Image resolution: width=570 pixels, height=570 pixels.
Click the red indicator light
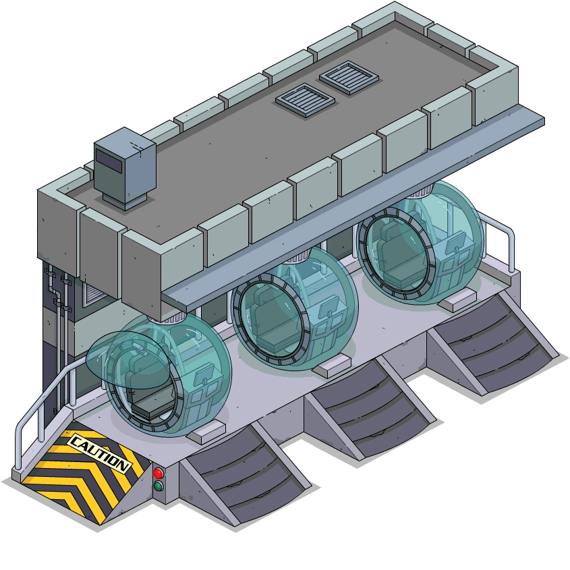tap(159, 474)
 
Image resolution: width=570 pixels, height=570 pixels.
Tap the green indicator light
tap(159, 486)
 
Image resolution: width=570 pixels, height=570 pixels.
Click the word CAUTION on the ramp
tap(99, 453)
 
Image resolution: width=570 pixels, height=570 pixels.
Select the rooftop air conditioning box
tap(125, 168)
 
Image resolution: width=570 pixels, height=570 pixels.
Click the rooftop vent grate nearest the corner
tap(349, 78)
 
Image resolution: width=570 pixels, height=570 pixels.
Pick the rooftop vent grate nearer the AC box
tap(305, 100)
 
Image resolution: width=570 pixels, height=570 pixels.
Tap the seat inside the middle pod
tap(270, 319)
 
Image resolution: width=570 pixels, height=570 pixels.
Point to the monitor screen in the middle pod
tap(329, 306)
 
